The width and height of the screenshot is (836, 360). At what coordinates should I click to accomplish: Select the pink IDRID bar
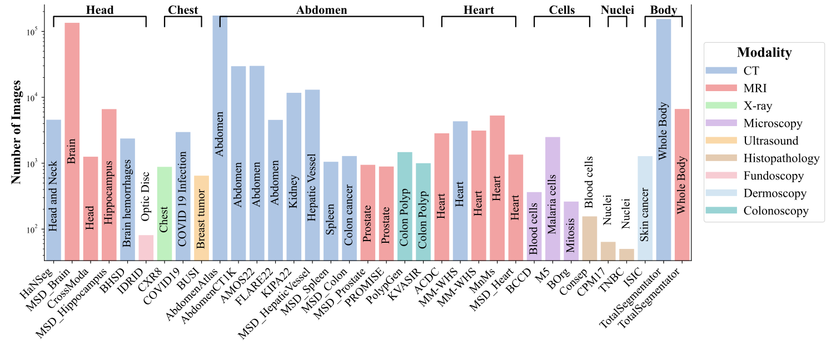tap(146, 247)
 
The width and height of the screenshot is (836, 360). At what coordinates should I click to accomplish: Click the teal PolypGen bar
tap(405, 206)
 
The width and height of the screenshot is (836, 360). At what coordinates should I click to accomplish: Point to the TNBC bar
tap(626, 254)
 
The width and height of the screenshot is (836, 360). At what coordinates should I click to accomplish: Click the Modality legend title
tap(764, 53)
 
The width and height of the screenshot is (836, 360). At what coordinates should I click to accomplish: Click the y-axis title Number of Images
tap(17, 132)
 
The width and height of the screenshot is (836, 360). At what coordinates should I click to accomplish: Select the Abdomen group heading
tap(321, 10)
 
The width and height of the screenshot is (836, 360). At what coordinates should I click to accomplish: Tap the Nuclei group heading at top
tap(617, 10)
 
